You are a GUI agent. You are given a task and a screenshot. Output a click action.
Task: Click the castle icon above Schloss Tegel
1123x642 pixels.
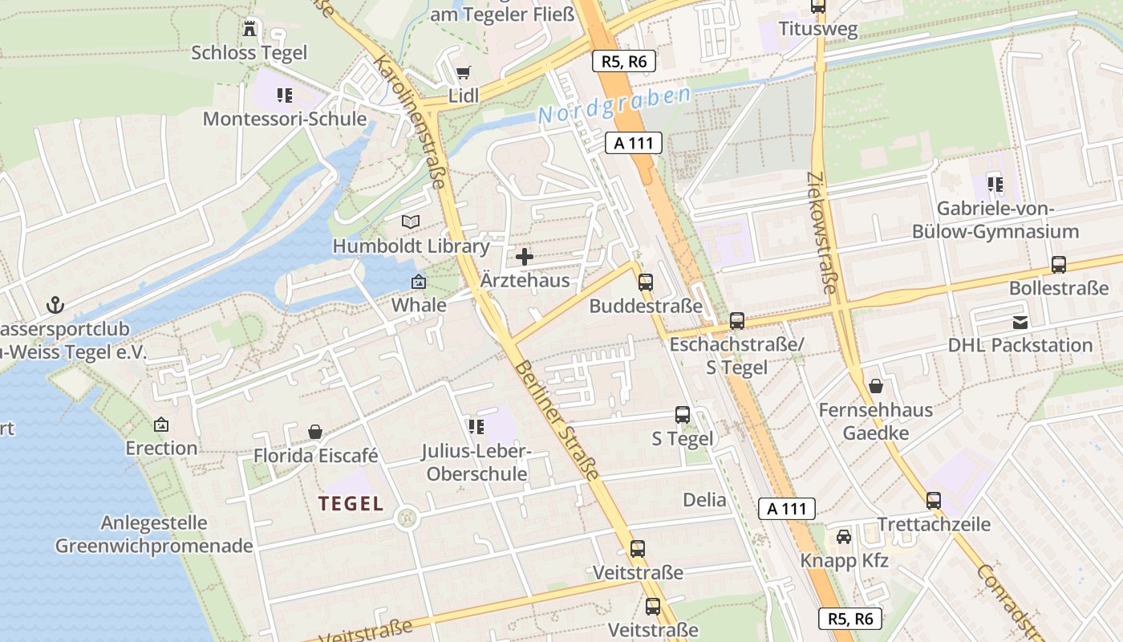click(x=249, y=29)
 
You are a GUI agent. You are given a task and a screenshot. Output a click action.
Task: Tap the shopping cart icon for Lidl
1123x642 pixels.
click(x=463, y=73)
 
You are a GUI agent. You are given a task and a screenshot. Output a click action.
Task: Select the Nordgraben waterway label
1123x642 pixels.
click(x=614, y=106)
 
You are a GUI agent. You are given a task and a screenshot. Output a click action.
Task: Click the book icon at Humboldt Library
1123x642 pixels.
click(x=411, y=221)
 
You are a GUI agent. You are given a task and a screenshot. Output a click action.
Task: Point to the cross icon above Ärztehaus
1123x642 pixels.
click(x=525, y=257)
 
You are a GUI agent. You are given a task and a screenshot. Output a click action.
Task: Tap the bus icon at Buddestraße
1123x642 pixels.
click(x=646, y=282)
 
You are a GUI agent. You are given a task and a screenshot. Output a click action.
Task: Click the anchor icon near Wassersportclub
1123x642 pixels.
click(x=55, y=305)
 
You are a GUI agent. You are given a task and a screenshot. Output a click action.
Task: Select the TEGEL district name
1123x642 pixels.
click(x=351, y=504)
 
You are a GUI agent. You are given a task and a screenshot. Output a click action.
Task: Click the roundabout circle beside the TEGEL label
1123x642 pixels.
click(x=408, y=518)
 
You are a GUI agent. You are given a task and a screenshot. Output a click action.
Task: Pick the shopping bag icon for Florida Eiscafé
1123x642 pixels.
click(x=315, y=432)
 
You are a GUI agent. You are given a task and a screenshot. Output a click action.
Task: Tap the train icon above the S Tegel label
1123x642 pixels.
click(x=683, y=415)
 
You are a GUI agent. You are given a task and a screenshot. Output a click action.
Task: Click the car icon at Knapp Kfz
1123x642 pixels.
click(x=844, y=536)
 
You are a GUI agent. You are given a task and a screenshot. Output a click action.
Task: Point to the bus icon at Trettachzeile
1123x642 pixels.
click(x=934, y=501)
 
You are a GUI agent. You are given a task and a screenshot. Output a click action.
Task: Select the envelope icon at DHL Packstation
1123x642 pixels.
click(x=1020, y=322)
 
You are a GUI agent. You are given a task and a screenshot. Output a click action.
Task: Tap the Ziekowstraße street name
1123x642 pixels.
click(x=823, y=232)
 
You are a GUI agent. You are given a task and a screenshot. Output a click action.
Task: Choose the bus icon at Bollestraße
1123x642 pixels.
click(x=1059, y=265)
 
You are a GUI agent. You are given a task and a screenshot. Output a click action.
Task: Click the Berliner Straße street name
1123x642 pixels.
click(x=557, y=421)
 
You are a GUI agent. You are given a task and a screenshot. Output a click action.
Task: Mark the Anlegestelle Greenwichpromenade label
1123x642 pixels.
click(x=154, y=534)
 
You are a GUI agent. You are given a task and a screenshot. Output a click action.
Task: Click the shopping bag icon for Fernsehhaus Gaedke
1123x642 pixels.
click(x=876, y=386)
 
